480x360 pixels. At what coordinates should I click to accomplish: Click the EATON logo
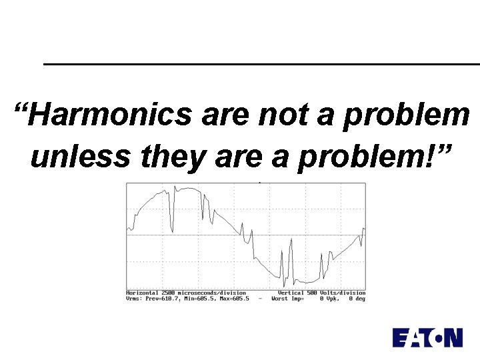point(427,337)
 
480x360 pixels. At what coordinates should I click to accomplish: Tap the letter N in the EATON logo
point(453,337)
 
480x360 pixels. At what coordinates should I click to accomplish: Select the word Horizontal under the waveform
point(141,293)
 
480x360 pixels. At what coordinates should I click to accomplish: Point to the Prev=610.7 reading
point(162,299)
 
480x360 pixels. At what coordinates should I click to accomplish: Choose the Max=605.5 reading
point(233,299)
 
